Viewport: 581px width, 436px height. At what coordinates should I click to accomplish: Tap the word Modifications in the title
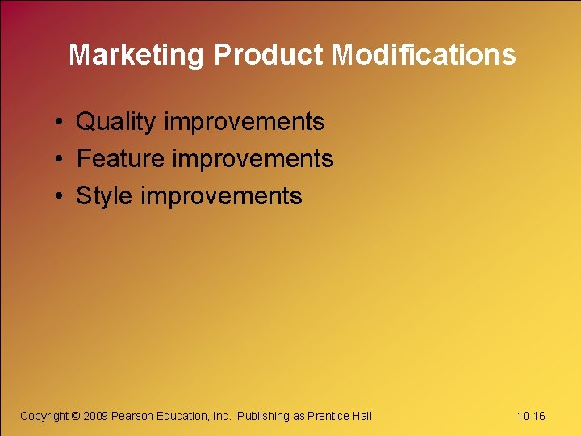pos(424,55)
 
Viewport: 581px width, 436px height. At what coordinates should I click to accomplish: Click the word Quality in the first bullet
pos(116,122)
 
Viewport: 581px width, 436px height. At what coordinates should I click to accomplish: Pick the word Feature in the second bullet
pos(121,159)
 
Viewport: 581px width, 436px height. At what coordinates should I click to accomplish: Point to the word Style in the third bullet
pos(105,196)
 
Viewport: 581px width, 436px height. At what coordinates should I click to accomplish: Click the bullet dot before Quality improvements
pos(61,123)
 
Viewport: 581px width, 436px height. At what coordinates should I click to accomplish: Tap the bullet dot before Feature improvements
pos(61,160)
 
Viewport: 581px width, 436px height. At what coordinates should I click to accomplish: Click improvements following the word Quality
pos(244,122)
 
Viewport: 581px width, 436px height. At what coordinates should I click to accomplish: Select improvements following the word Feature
pos(253,159)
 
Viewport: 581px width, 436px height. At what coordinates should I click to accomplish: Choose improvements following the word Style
pos(221,196)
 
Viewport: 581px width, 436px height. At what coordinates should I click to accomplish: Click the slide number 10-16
pos(531,416)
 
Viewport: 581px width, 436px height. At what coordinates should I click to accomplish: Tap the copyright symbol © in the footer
pos(76,416)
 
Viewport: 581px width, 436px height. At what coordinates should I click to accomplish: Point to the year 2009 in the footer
pos(96,416)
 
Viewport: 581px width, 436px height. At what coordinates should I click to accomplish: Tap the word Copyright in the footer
pos(44,416)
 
